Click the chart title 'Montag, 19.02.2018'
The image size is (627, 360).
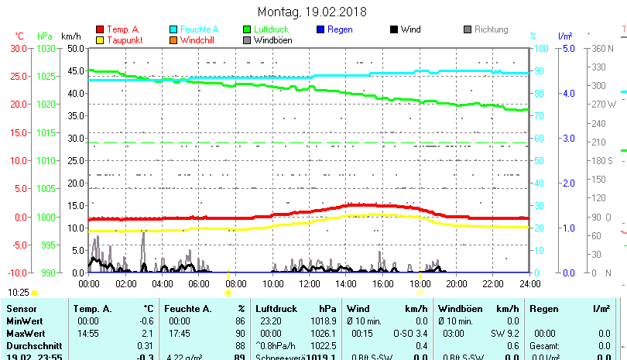click(x=312, y=12)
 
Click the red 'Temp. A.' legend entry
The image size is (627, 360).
click(x=123, y=29)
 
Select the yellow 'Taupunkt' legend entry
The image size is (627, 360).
click(x=124, y=39)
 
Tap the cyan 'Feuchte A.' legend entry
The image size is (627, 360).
click(x=194, y=29)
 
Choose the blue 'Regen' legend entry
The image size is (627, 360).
click(x=340, y=29)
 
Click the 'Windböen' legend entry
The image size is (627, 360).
click(x=273, y=39)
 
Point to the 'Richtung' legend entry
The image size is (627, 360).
click(x=491, y=29)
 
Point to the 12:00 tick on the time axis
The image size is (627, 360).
click(x=309, y=283)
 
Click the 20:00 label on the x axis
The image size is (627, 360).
click(x=456, y=283)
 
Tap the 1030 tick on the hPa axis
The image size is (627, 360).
click(x=46, y=48)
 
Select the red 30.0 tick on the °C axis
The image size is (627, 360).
click(x=19, y=48)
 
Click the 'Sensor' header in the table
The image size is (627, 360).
click(x=21, y=308)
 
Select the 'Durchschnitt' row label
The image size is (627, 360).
click(x=33, y=345)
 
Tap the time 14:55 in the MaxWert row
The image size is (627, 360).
click(x=87, y=333)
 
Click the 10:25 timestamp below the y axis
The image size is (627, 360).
click(x=19, y=293)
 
